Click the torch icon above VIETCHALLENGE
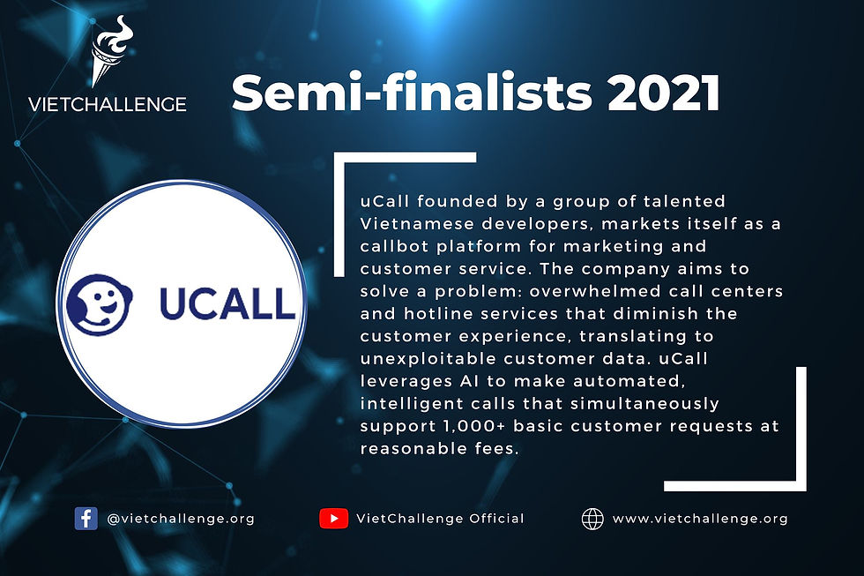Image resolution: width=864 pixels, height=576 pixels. (x=109, y=57)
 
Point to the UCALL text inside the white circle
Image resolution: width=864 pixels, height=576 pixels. (x=227, y=303)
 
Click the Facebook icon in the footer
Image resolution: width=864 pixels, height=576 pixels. (x=86, y=519)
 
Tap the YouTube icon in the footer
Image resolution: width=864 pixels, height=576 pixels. (x=333, y=519)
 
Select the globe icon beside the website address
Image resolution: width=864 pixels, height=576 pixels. (x=592, y=519)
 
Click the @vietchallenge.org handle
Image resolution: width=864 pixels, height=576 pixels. (x=180, y=519)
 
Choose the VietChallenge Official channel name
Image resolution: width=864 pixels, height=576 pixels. (x=440, y=519)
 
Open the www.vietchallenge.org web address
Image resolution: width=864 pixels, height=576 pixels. (x=700, y=519)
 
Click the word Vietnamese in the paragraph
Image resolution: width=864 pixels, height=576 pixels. (x=412, y=224)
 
